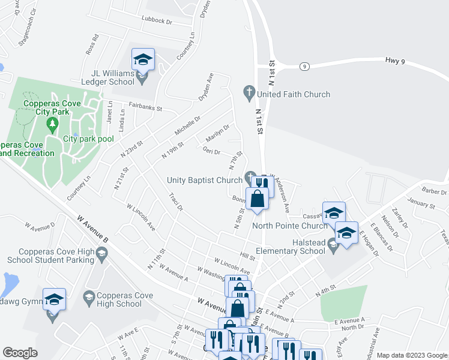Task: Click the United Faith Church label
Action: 294,94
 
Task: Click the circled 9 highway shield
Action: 305,67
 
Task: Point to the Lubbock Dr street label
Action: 157,21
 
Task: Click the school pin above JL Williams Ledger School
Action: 143,60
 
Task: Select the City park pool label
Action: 88,139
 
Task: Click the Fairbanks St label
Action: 142,109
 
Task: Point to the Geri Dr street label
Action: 211,151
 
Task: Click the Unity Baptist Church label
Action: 204,180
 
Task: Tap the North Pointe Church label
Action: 290,226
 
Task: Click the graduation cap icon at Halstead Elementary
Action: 333,246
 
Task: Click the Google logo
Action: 20,353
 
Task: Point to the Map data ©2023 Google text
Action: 411,355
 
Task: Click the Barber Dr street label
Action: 435,191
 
